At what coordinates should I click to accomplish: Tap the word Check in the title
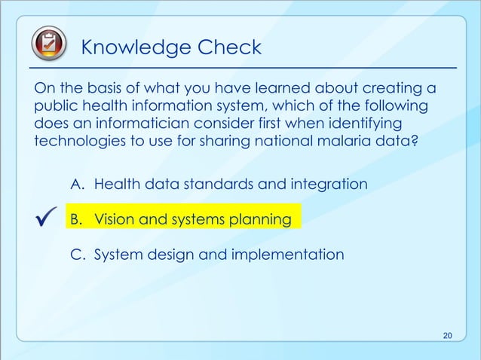pyautogui.click(x=228, y=47)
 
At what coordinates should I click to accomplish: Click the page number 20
pyautogui.click(x=448, y=335)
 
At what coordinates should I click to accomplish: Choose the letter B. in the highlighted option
pyautogui.click(x=78, y=219)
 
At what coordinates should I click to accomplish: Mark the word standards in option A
pyautogui.click(x=229, y=184)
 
